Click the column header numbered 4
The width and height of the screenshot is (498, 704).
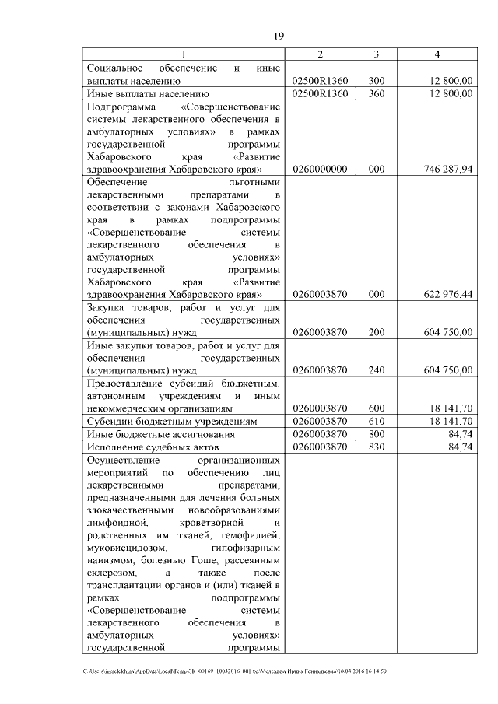438,54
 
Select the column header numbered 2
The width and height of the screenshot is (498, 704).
320,54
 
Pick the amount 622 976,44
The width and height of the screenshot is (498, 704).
449,294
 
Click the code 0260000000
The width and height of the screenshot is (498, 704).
320,169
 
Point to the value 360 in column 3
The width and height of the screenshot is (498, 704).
377,93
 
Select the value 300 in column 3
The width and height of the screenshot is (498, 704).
377,80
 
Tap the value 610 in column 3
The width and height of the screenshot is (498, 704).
377,421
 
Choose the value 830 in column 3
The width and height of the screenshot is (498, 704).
377,447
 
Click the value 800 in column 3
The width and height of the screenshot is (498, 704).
377,434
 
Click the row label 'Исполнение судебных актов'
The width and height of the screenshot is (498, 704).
153,447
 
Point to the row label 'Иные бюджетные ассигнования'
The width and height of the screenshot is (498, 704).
160,434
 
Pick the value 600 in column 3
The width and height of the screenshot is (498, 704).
377,407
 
